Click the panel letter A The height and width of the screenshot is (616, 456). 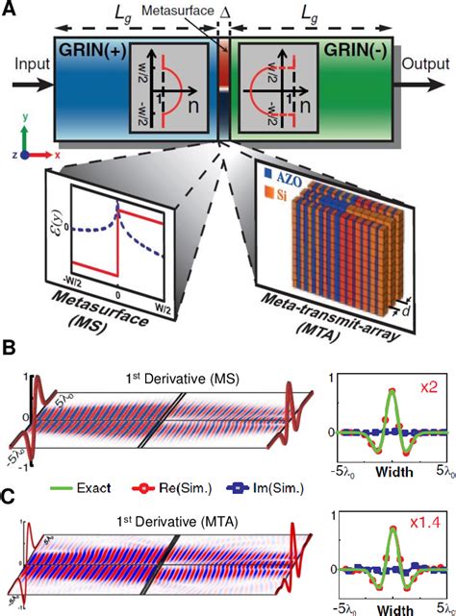tap(10, 11)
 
